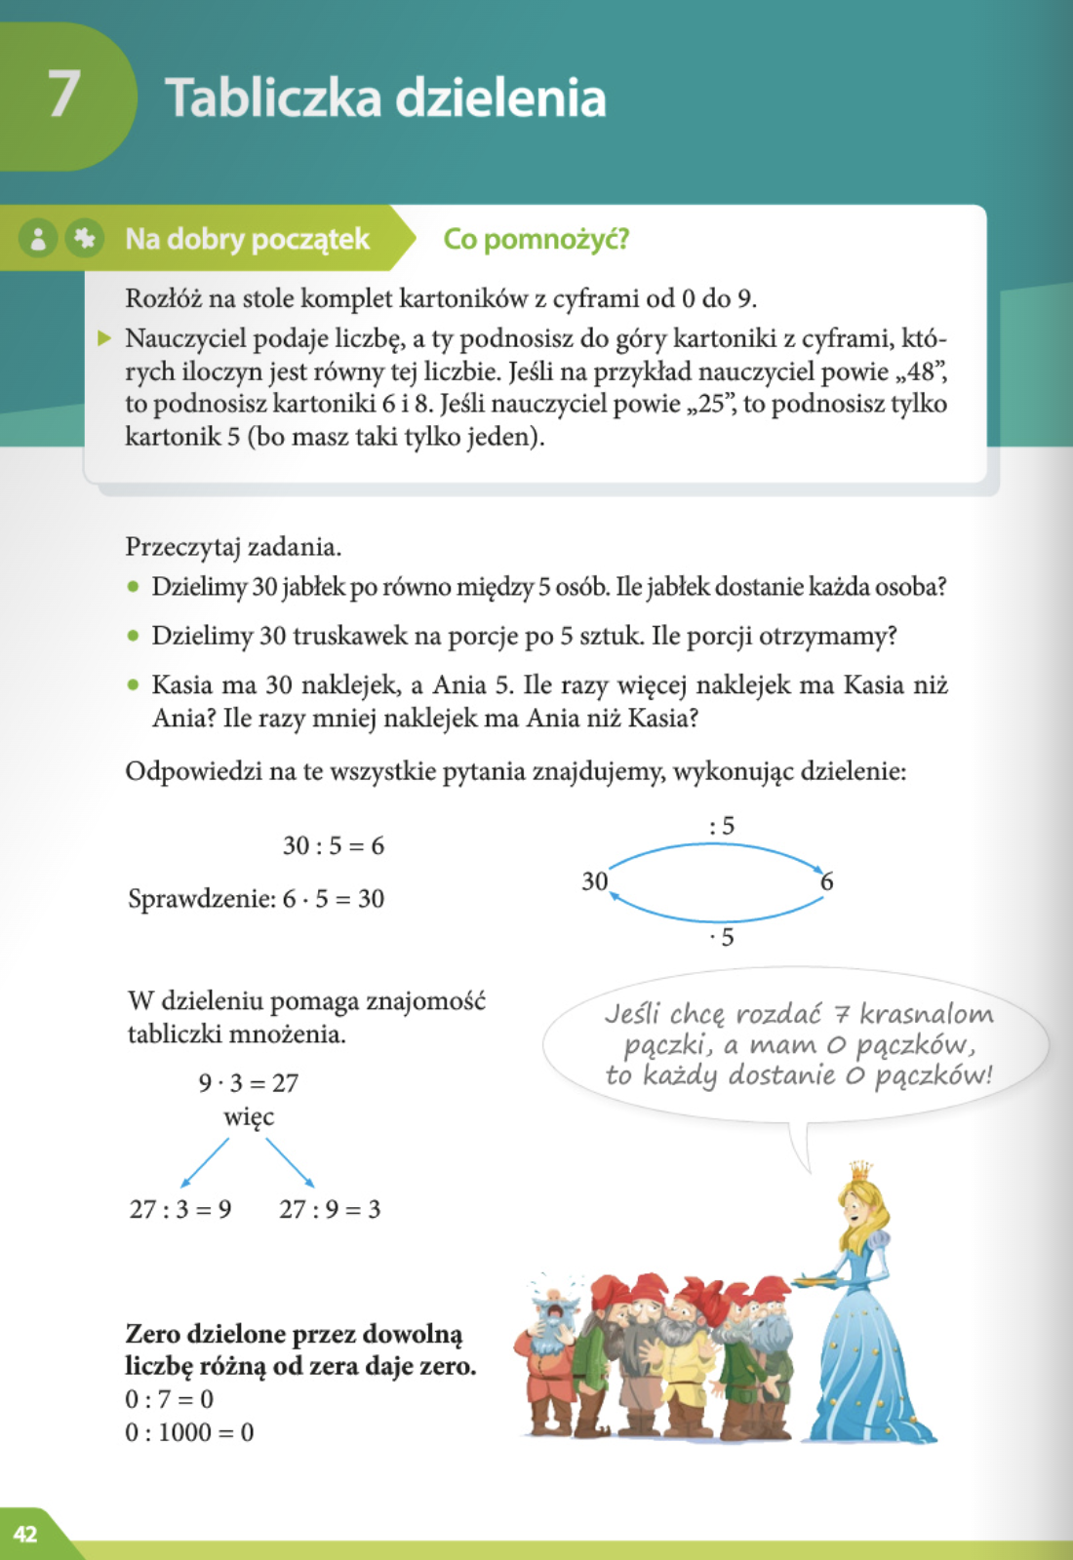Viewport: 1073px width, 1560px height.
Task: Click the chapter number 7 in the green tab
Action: pos(64,95)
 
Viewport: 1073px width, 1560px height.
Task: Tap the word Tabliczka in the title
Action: pos(272,98)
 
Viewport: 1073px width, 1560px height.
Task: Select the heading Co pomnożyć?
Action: pos(536,239)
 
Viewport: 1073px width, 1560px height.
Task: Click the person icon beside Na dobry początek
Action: pos(38,239)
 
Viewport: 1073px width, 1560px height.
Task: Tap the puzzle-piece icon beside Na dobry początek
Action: pos(85,238)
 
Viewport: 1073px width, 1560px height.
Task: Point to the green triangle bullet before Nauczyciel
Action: pos(104,338)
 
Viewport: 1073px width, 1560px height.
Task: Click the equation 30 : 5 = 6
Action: pos(334,845)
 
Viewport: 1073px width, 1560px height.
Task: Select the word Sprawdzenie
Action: pos(201,899)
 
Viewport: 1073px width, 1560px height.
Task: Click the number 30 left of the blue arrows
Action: pos(594,881)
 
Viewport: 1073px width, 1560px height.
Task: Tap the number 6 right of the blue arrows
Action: pos(826,881)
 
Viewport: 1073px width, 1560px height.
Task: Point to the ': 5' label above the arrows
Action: pos(722,826)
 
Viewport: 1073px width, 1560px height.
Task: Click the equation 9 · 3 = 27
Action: pos(249,1083)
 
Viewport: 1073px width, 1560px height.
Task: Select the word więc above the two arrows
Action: pos(249,1116)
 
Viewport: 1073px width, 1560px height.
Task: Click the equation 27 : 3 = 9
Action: pos(180,1210)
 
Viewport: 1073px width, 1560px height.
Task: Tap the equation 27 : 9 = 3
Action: pos(330,1210)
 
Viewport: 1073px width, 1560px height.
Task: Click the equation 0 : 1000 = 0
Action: pos(189,1432)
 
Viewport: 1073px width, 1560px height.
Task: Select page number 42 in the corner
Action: pos(25,1534)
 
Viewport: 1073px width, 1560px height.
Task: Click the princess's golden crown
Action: pos(860,1170)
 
